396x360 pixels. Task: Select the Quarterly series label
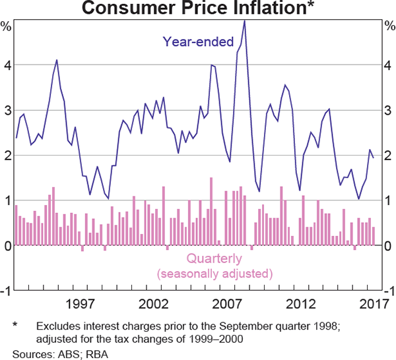click(x=214, y=259)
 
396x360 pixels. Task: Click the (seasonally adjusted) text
click(x=214, y=273)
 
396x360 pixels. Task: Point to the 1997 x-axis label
click(x=79, y=305)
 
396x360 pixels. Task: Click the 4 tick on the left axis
click(x=7, y=65)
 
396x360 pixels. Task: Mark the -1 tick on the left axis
click(x=5, y=290)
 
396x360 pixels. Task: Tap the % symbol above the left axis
click(x=6, y=27)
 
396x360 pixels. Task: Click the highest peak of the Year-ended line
click(x=244, y=20)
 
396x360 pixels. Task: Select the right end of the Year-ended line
click(x=373, y=158)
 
